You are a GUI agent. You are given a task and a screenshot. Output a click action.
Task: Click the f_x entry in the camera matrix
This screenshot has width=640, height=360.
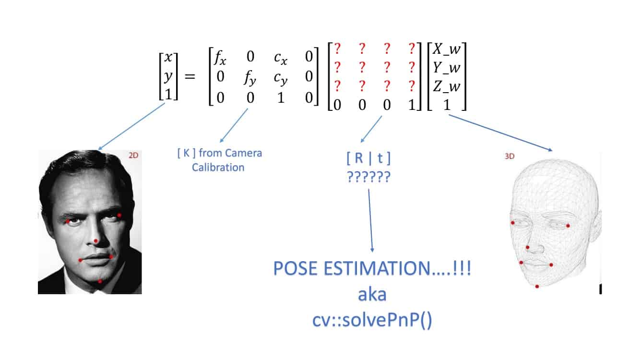coord(220,58)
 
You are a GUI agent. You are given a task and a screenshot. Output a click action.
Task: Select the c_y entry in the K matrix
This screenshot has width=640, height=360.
coord(281,78)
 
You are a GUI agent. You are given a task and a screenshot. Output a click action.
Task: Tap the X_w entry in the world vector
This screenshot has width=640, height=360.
coord(447,49)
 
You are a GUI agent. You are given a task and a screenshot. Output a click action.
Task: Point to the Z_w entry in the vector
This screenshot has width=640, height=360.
coord(447,86)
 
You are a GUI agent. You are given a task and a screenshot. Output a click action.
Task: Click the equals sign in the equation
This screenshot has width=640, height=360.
coord(190,76)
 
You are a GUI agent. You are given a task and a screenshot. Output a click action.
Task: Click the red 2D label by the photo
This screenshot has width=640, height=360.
coord(133,155)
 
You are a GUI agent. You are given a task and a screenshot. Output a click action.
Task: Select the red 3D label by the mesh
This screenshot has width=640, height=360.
coord(510,156)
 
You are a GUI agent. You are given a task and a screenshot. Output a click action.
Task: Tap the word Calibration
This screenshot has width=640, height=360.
coord(218,167)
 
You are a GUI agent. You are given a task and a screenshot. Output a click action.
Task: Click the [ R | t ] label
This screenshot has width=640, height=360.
coord(368,158)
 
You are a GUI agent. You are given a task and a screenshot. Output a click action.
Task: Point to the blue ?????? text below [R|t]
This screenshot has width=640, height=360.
coord(368,177)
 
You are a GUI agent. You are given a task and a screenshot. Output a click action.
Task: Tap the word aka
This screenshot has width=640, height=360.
coord(372,295)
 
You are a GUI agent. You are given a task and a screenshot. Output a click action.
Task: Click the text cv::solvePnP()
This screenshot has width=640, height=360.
coord(372,320)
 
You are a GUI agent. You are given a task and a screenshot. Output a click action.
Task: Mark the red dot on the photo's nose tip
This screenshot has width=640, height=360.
coord(96,241)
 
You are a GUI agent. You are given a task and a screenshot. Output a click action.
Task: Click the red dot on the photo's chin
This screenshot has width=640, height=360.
coord(100,281)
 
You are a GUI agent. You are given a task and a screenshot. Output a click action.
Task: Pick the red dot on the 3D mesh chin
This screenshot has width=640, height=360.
coord(537,286)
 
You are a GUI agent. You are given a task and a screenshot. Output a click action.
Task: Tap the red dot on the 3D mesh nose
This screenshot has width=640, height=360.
coord(527,247)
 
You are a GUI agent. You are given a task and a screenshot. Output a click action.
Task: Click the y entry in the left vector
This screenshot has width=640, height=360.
coord(168,76)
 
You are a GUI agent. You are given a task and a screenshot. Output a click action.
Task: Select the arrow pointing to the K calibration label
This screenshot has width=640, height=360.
coord(234,126)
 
